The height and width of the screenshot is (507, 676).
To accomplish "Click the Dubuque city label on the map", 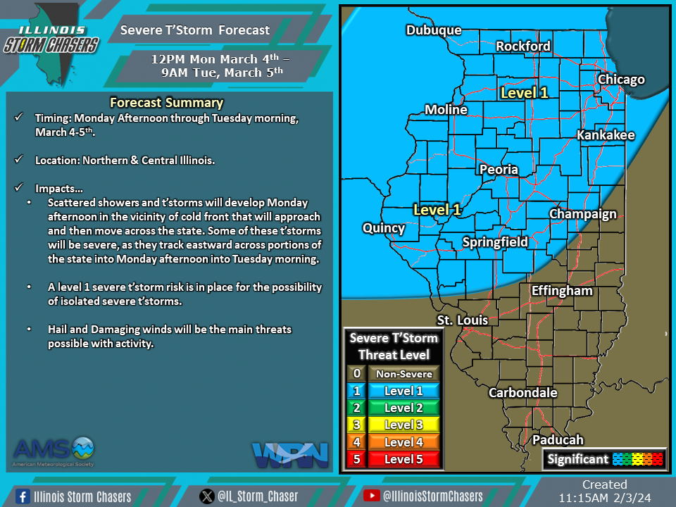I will coord(434,30).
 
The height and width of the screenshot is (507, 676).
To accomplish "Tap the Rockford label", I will coord(523,46).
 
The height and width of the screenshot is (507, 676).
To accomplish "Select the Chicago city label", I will coord(621,80).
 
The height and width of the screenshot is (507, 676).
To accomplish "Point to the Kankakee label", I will coord(606,135).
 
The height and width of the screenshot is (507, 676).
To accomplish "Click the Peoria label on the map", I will coord(499,170).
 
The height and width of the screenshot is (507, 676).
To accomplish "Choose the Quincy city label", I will coord(384,228).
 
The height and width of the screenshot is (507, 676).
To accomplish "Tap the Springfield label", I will coord(495,242).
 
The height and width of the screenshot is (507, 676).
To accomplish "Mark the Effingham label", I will coord(562,291).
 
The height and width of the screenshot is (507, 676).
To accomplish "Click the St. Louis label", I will coord(463,320).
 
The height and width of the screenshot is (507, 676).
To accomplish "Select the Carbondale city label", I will coord(523,393).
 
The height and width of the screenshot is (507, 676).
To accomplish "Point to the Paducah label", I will coord(558,440).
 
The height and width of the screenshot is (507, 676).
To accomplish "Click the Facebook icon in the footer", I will coord(22,496).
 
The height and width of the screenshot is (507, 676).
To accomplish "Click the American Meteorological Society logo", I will coord(54,452).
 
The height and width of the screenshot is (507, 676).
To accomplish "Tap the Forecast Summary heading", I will coord(167,103).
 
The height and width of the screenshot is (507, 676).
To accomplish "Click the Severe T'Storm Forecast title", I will coord(195,30).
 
